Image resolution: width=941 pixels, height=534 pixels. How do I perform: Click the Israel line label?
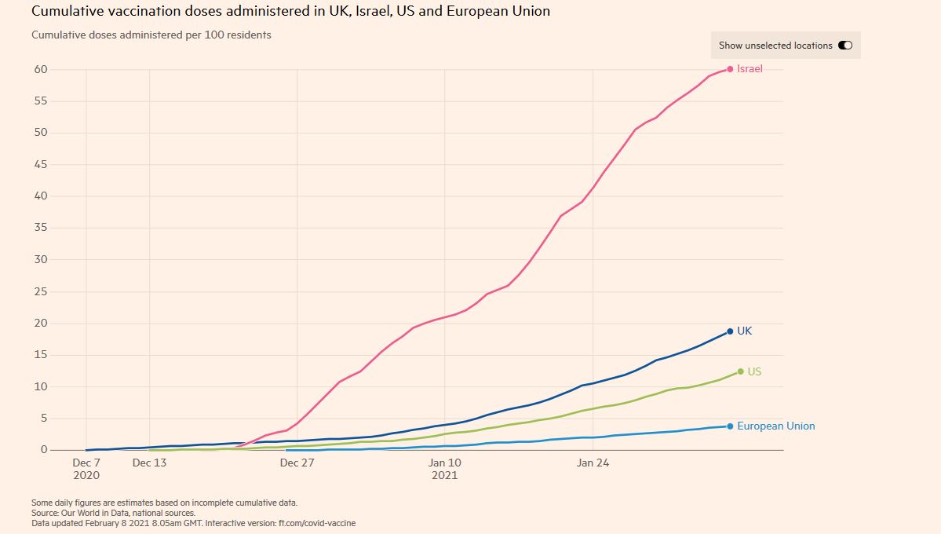pos(750,69)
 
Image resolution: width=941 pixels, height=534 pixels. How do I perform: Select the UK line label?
pos(744,331)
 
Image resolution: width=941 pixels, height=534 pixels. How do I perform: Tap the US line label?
pos(754,371)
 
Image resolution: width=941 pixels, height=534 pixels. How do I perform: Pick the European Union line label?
pos(775,426)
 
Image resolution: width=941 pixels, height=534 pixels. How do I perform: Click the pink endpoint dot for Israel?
pos(730,69)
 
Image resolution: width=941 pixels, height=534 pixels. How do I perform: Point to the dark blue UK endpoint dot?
pos(730,331)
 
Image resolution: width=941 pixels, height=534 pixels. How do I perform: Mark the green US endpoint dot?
pos(740,371)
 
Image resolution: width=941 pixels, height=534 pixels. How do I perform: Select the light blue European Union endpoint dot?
pos(730,426)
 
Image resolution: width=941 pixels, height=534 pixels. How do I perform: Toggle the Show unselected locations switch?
pos(845,46)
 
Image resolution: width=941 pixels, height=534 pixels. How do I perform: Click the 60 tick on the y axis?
pos(40,69)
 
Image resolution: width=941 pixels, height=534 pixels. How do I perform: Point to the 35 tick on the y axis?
pos(40,228)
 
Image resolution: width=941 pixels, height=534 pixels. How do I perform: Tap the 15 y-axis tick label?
pos(40,355)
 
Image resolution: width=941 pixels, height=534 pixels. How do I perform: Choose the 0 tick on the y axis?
pos(44,450)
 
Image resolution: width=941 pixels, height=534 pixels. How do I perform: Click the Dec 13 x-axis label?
pos(149,463)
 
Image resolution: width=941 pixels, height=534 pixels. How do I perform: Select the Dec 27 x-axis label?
pos(297,463)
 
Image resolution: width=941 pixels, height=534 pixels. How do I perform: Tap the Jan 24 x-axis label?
pos(593,463)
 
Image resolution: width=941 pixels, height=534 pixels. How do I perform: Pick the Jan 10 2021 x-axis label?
pos(444,469)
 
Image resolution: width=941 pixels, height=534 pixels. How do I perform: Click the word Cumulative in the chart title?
pos(62,12)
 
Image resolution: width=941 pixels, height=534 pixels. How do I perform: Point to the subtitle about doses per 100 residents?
pos(151,35)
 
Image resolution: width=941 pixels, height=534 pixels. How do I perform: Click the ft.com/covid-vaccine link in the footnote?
pos(322,522)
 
